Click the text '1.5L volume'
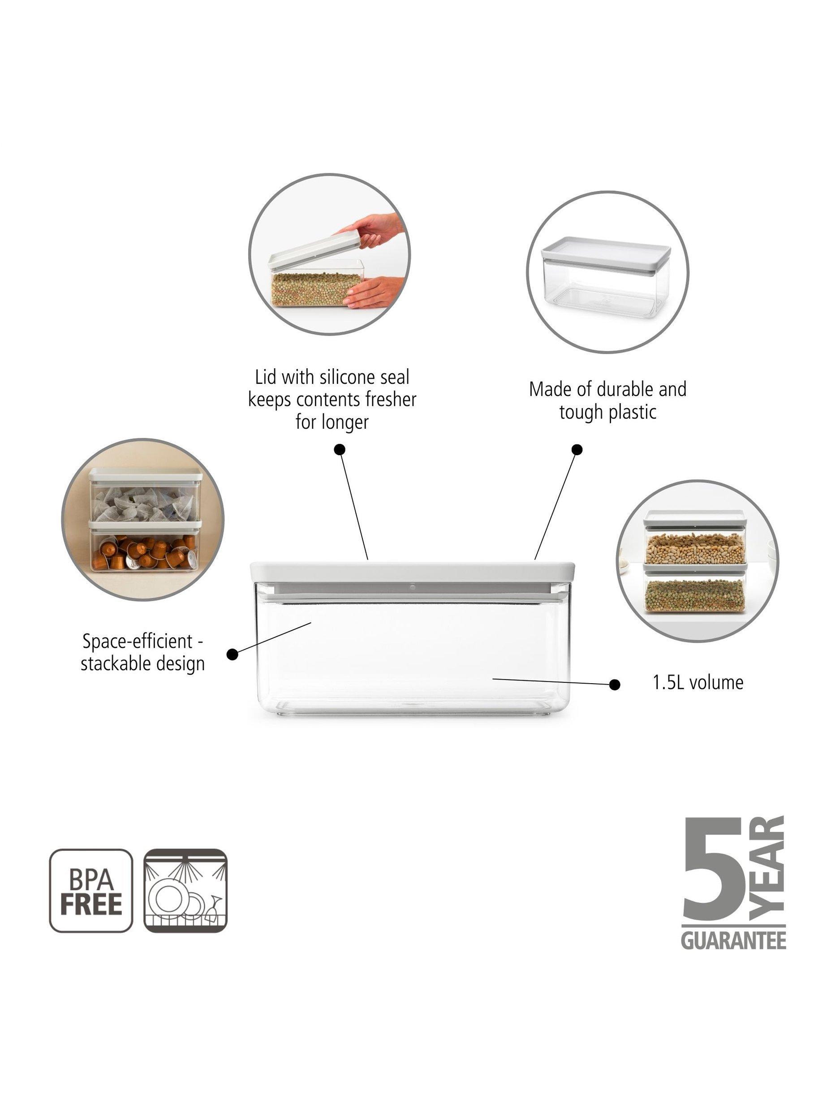pyautogui.click(x=698, y=683)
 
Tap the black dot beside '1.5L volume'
pyautogui.click(x=615, y=685)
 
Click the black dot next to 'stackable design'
pyautogui.click(x=233, y=655)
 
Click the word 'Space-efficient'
pyautogui.click(x=138, y=642)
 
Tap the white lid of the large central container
pyautogui.click(x=413, y=571)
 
